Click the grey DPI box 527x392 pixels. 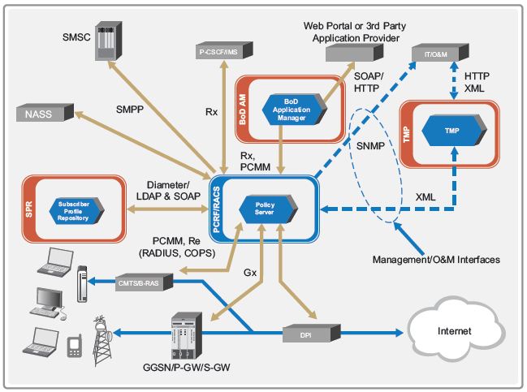(305, 333)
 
